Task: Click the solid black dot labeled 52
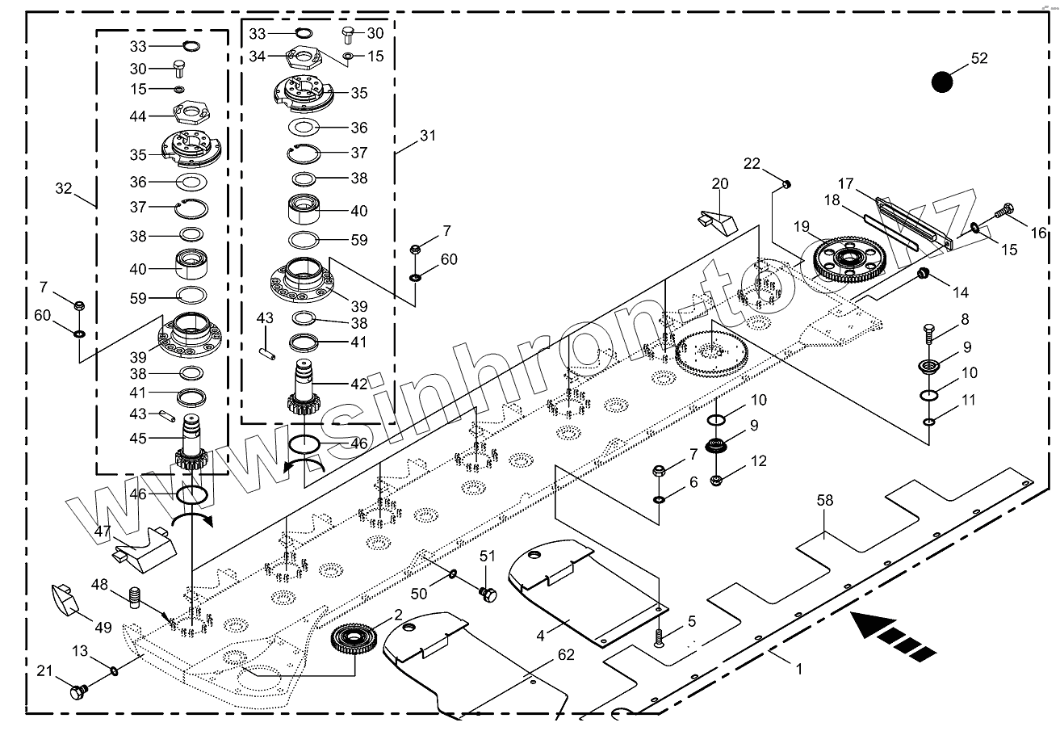(x=942, y=82)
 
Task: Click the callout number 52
(x=978, y=59)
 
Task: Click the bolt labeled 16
(x=1004, y=211)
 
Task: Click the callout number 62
(x=566, y=654)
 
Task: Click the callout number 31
(x=428, y=136)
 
